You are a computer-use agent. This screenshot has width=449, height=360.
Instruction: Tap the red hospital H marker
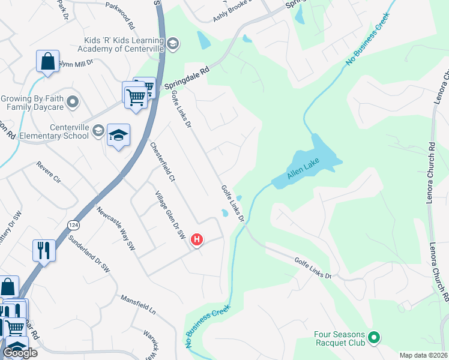click(x=196, y=241)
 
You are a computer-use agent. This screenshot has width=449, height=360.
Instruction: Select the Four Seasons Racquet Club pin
click(x=375, y=338)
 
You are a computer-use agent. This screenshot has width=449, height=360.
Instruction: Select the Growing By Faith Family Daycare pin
click(x=74, y=102)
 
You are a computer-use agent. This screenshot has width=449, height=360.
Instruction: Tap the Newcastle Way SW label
click(x=115, y=229)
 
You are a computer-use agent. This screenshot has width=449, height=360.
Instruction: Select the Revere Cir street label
click(x=49, y=172)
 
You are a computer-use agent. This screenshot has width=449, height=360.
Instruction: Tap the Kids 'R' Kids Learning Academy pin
click(x=173, y=43)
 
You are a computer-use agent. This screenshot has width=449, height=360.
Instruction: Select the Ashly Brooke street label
click(x=231, y=15)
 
